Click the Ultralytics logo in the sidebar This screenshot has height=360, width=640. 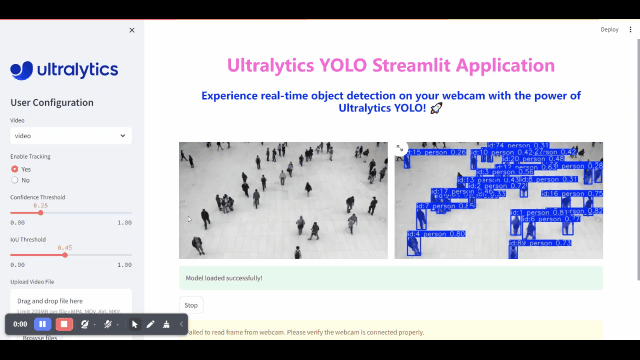[x=64, y=70]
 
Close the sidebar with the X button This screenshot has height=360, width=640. [x=132, y=30]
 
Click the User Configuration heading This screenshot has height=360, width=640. [x=52, y=102]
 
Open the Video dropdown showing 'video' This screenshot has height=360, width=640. [x=70, y=135]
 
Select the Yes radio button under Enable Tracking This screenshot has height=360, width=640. [x=15, y=169]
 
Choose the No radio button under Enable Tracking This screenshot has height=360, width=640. [x=15, y=180]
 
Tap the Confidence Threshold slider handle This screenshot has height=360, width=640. [x=40, y=212]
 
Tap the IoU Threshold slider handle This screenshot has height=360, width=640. [x=65, y=254]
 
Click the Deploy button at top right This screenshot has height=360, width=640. [x=609, y=30]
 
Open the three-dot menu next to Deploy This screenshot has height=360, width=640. [x=631, y=30]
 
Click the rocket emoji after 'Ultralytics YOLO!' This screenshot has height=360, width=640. [x=436, y=108]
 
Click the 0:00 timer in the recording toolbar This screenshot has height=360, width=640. [x=20, y=324]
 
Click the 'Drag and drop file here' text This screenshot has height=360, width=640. [x=50, y=301]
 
